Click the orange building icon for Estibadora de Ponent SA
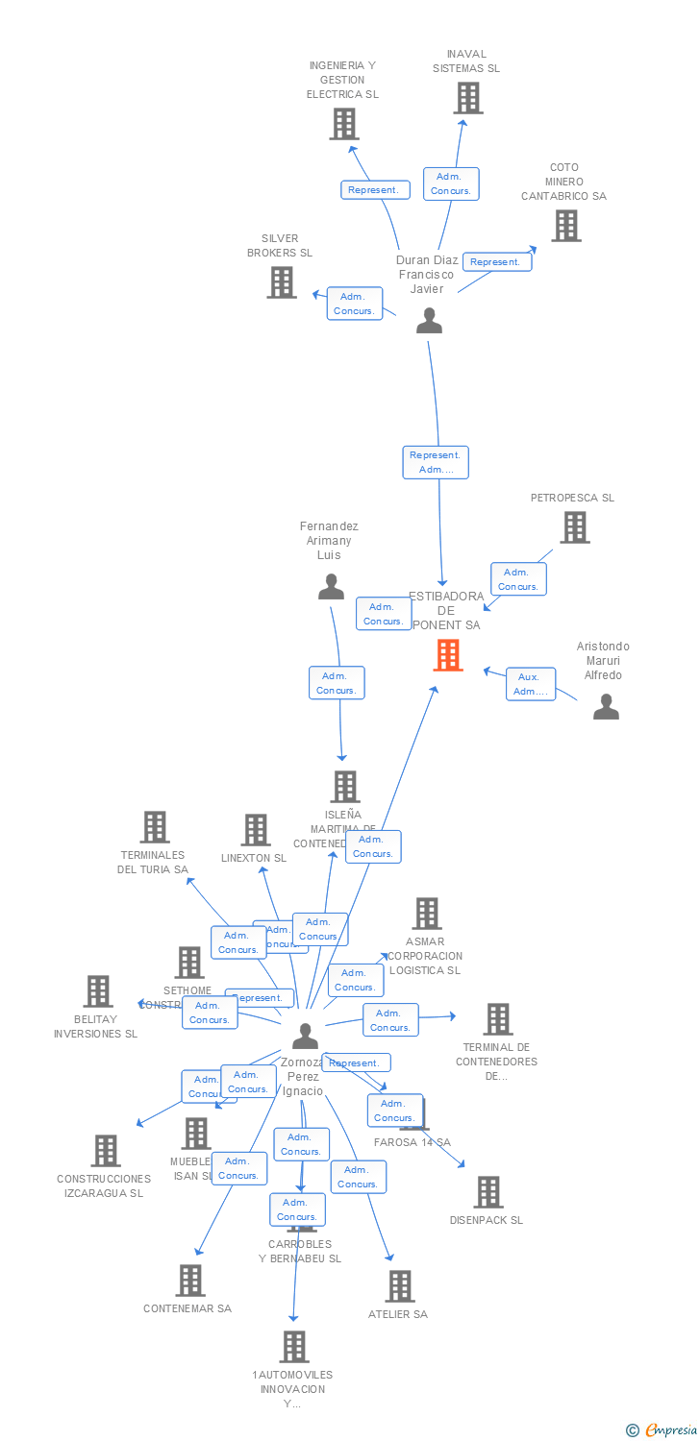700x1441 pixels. pyautogui.click(x=447, y=655)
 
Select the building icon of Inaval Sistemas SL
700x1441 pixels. pyautogui.click(x=467, y=98)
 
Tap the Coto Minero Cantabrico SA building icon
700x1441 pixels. pyautogui.click(x=565, y=226)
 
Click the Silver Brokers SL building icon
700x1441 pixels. pyautogui.click(x=281, y=282)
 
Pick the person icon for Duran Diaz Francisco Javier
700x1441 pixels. pyautogui.click(x=429, y=321)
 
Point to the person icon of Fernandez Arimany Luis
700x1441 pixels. pyautogui.click(x=331, y=587)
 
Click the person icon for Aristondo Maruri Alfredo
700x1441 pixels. pyautogui.click(x=606, y=707)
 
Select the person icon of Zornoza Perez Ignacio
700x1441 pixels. pyautogui.click(x=305, y=1036)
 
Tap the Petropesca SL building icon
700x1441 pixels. pyautogui.click(x=574, y=527)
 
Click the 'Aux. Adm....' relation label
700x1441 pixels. pyautogui.click(x=531, y=684)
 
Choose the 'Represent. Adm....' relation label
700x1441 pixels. pyautogui.click(x=436, y=462)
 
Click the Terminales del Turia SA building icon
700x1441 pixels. pyautogui.click(x=154, y=827)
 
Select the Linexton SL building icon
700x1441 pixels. pyautogui.click(x=255, y=830)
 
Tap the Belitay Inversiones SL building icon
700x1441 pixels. pyautogui.click(x=97, y=991)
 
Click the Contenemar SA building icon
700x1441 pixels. pyautogui.click(x=189, y=1280)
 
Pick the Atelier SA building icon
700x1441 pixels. pyautogui.click(x=399, y=1286)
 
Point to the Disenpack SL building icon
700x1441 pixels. pyautogui.click(x=487, y=1192)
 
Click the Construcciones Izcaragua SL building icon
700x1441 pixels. pyautogui.click(x=105, y=1151)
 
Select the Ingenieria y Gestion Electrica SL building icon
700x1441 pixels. pyautogui.click(x=343, y=124)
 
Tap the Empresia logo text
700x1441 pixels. pyautogui.click(x=671, y=1430)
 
